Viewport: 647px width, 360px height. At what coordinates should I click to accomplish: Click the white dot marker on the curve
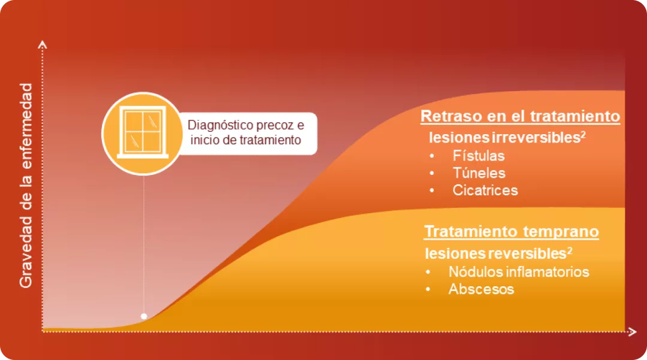pos(144,316)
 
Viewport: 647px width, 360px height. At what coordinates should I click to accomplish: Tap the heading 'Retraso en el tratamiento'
pos(520,116)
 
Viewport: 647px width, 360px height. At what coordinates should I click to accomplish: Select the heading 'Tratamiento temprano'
pos(512,232)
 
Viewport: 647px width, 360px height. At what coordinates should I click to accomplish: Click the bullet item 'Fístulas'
pos(479,156)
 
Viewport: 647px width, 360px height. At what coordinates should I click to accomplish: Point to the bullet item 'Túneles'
pos(479,173)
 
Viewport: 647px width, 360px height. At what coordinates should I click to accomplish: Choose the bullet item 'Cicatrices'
pos(485,190)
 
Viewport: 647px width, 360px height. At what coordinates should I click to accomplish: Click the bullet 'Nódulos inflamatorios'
pos(519,271)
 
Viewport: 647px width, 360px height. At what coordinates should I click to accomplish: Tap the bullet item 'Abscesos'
pos(481,289)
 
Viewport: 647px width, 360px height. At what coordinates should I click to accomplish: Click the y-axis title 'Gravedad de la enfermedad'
pos(26,186)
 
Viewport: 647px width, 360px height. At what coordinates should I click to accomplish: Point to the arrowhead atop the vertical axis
pos(42,44)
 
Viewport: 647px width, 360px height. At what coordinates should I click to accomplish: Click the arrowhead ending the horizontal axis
pos(632,331)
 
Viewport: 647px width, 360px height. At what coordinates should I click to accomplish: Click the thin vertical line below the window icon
pos(144,240)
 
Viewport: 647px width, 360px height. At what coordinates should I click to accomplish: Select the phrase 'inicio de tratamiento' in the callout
pos(244,141)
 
